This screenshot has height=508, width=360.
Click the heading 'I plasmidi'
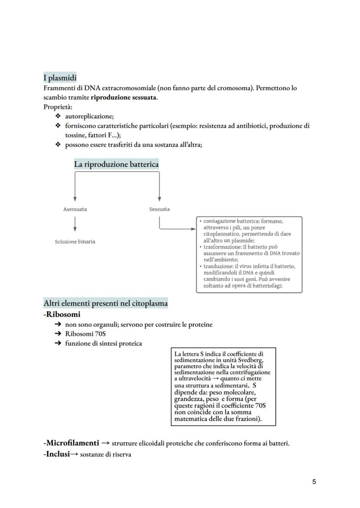point(60,78)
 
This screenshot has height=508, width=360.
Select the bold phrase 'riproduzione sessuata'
point(123,97)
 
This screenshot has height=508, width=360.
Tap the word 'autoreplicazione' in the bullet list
point(89,116)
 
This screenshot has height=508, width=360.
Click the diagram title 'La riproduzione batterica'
point(116,164)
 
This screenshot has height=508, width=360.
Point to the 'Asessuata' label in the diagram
point(75,209)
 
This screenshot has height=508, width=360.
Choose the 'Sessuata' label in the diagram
point(159,209)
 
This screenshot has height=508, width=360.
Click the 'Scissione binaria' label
point(75,242)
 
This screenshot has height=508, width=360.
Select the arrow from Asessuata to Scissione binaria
point(75,224)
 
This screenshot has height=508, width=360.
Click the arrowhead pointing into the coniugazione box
point(193,229)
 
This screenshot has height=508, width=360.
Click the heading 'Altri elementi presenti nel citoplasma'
point(106,303)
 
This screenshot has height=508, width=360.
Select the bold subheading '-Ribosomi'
point(62,314)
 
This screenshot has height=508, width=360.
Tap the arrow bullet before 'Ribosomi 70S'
point(58,334)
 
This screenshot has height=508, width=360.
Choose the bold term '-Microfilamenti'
point(71,443)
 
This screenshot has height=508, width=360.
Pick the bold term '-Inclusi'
point(57,455)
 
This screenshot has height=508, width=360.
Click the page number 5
point(314,481)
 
